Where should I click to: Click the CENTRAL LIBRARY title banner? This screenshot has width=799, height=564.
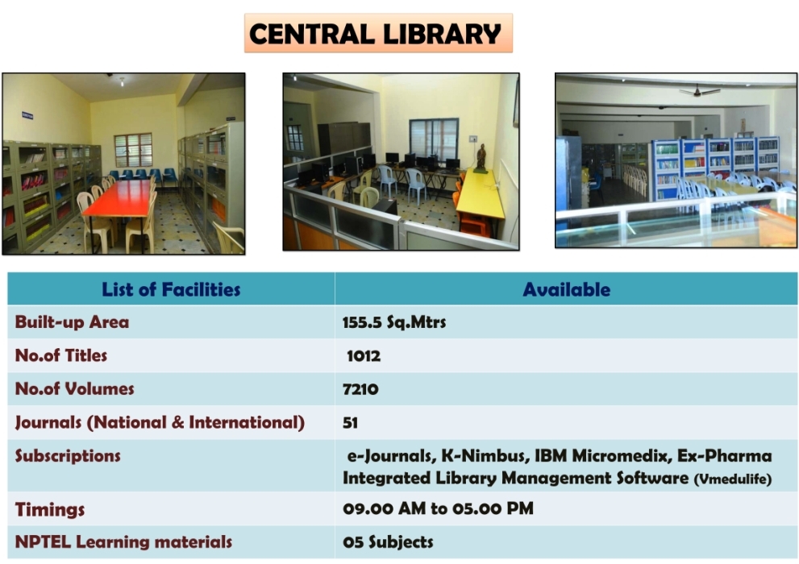tap(378, 34)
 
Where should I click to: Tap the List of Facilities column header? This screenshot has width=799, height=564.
tap(171, 289)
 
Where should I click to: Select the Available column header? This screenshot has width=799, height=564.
tap(566, 289)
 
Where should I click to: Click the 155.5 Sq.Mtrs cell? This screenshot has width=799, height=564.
tap(394, 321)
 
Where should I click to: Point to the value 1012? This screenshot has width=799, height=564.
tap(364, 355)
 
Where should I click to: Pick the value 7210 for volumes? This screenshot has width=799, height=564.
tap(360, 389)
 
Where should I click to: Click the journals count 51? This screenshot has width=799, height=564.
tap(350, 422)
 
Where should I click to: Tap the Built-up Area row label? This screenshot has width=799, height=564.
tap(72, 321)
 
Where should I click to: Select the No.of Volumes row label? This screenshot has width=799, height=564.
tap(74, 389)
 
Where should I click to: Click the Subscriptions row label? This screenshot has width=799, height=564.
tap(68, 455)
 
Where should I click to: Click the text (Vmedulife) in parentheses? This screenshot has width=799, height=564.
tap(733, 479)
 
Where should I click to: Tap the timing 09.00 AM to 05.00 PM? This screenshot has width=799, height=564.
tap(439, 508)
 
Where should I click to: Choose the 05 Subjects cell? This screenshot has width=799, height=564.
tap(388, 541)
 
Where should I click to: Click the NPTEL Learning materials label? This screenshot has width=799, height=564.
tap(123, 541)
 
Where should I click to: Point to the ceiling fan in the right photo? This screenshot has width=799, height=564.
tap(700, 91)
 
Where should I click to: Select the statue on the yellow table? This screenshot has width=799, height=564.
tap(481, 158)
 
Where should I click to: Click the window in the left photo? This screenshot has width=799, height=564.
tap(133, 150)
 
